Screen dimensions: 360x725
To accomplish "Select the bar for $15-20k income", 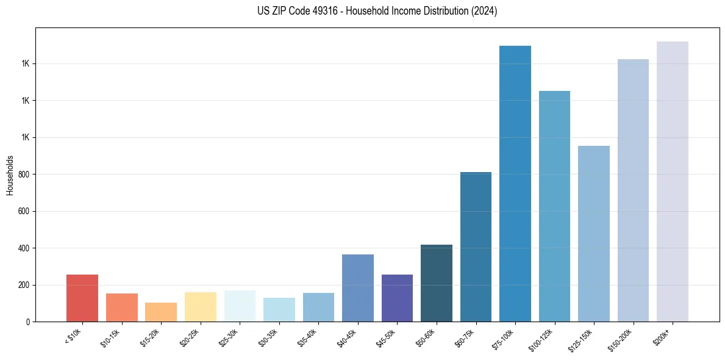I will pos(161,312).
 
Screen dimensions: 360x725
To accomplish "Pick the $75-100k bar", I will pos(515,183).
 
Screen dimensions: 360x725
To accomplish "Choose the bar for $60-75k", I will pos(476,247).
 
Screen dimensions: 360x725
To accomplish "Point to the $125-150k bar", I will pos(594,233).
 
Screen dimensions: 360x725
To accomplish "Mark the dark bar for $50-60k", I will pos(437,283).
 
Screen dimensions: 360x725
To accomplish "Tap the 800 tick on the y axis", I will pos(24,175).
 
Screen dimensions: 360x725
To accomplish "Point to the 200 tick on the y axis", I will pos(24,285).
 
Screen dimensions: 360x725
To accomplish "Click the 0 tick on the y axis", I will pos(28,322).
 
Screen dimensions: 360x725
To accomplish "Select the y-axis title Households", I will pos(10,175).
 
